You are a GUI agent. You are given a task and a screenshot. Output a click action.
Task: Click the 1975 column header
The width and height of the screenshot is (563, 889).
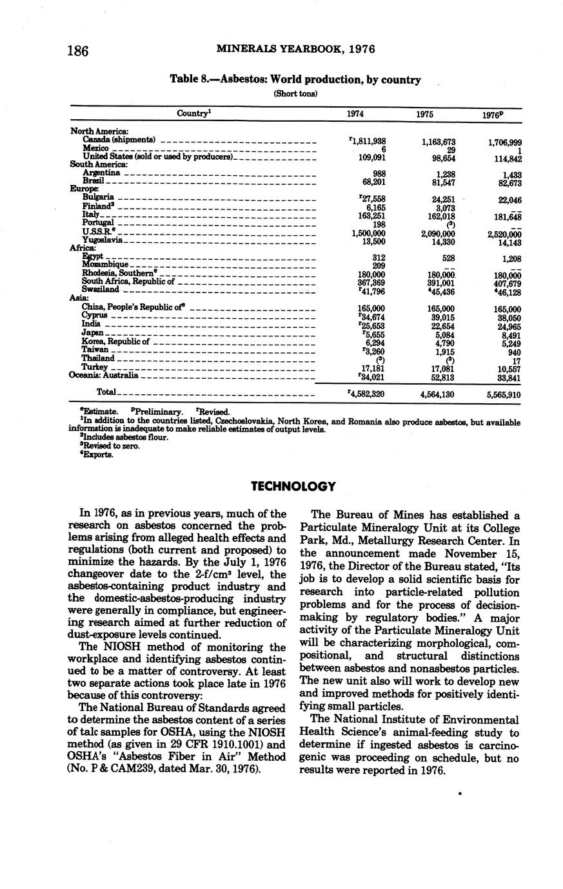(x=424, y=114)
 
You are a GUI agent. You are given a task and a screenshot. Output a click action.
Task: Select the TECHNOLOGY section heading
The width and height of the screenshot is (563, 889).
(x=293, y=486)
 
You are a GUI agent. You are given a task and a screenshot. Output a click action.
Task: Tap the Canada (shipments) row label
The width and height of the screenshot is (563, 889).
(x=119, y=140)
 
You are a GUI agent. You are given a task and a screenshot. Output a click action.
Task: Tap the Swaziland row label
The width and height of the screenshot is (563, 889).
(x=101, y=290)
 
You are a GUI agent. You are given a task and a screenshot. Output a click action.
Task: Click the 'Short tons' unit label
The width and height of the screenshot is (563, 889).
(x=295, y=93)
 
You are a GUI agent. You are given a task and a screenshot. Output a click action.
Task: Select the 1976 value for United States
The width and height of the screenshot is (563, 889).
(x=506, y=159)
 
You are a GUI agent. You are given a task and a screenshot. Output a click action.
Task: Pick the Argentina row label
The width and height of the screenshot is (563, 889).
(x=101, y=173)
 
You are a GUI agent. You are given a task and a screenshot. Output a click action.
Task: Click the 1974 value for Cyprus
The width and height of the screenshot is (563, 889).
(x=371, y=318)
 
